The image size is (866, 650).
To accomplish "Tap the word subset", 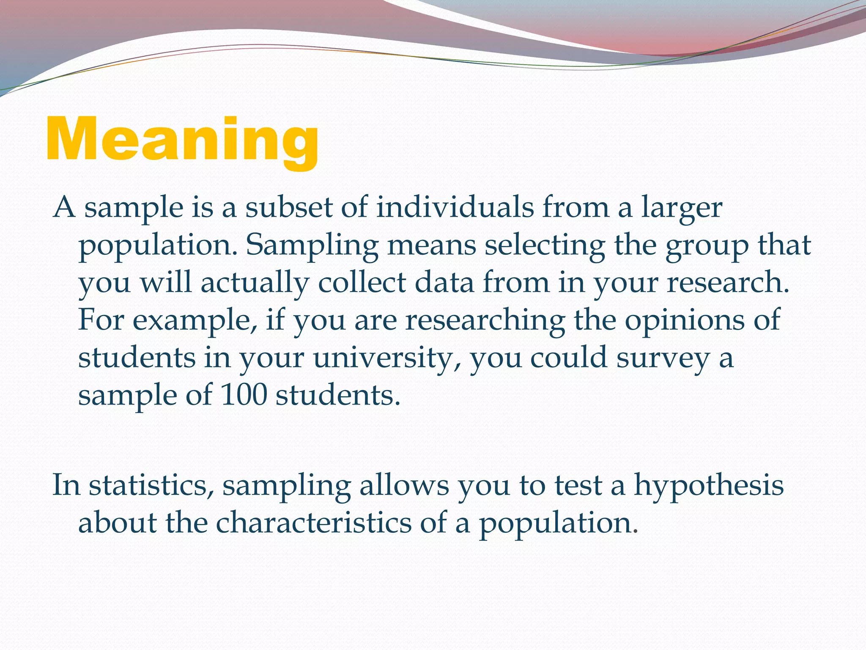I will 289,208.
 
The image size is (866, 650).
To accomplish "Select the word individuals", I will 455,208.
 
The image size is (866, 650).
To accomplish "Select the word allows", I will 404,485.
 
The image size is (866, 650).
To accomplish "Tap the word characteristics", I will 314,523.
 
